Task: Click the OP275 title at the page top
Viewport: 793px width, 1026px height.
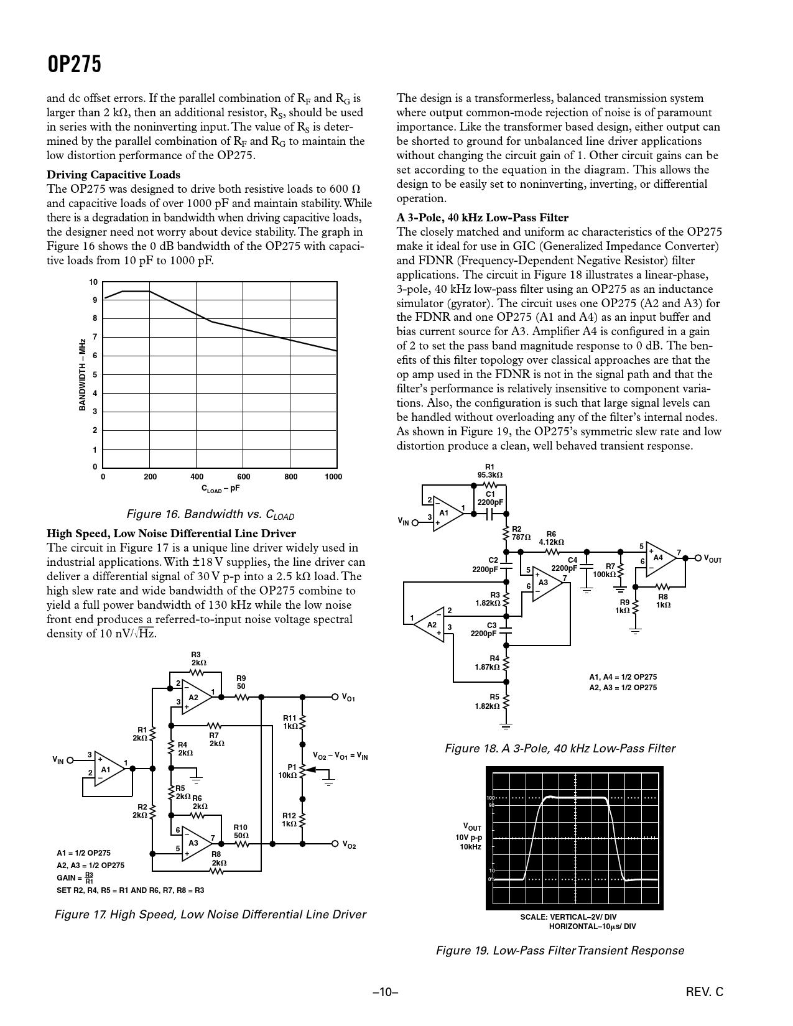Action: pyautogui.click(x=74, y=64)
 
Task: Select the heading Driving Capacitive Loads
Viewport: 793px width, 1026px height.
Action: pyautogui.click(x=113, y=175)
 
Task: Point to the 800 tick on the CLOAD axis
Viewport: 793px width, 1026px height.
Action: pyautogui.click(x=290, y=477)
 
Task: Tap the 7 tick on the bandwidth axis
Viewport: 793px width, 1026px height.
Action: pyautogui.click(x=95, y=337)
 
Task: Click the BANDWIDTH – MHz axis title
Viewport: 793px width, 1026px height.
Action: pyautogui.click(x=81, y=374)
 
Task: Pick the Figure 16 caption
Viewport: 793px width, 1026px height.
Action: pyautogui.click(x=210, y=515)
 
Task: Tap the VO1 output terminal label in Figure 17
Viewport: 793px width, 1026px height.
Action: pyautogui.click(x=348, y=698)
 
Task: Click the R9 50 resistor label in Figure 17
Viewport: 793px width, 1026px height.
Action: pyautogui.click(x=241, y=682)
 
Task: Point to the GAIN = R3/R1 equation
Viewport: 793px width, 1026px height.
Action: pyautogui.click(x=75, y=878)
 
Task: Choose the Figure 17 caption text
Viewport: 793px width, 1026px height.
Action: pyautogui.click(x=210, y=914)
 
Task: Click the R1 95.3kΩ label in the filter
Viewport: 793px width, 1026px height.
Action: pyautogui.click(x=489, y=471)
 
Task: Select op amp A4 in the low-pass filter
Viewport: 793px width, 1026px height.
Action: pyautogui.click(x=659, y=558)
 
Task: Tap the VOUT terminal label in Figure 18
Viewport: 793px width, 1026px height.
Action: pyautogui.click(x=712, y=559)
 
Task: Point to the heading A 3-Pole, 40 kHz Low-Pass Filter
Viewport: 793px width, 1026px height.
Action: pyautogui.click(x=482, y=218)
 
